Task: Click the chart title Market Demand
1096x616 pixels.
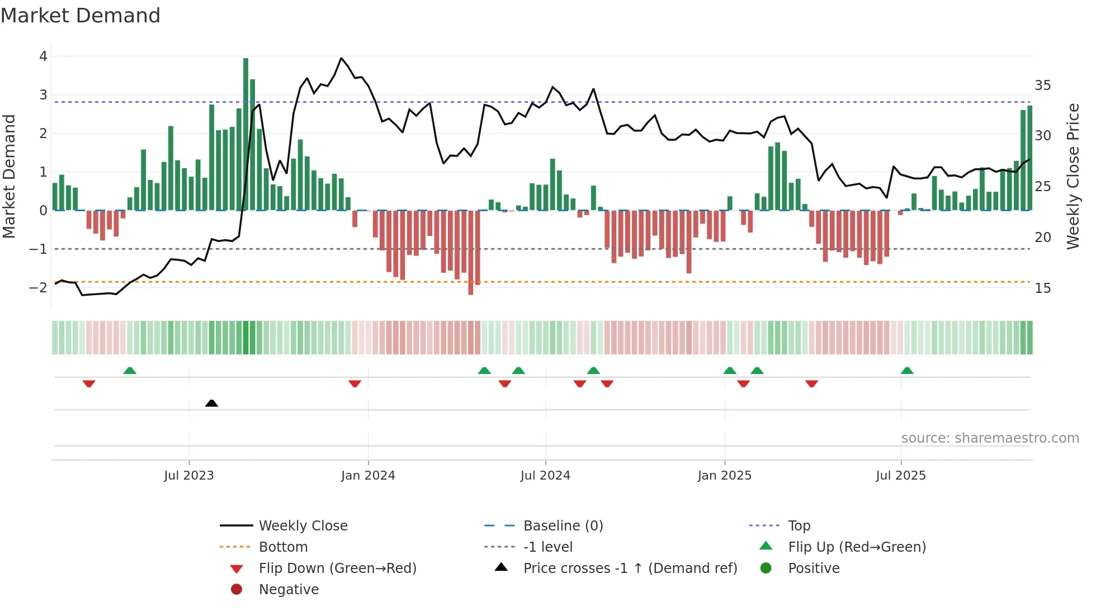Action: [81, 16]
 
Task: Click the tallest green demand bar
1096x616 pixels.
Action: [245, 134]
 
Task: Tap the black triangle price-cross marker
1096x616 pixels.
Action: [211, 403]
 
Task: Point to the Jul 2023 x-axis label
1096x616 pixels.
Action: [189, 476]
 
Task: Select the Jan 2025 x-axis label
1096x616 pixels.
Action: [725, 476]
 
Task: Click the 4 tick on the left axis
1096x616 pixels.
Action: [43, 56]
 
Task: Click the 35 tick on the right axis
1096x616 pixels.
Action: [1042, 86]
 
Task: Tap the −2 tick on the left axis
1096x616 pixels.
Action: [39, 288]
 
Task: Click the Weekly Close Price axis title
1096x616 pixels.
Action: [1073, 176]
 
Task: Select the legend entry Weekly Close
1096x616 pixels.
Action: [303, 526]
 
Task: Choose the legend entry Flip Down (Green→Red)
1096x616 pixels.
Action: [337, 568]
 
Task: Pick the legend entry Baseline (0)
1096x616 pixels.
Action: [563, 526]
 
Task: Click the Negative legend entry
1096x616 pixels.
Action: [289, 590]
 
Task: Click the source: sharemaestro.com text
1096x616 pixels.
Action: [990, 438]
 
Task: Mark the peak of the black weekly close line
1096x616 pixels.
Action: [342, 58]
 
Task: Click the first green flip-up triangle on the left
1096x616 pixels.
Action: [130, 371]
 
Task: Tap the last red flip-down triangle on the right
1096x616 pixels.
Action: [812, 383]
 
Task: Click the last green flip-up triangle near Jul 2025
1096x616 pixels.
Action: [907, 371]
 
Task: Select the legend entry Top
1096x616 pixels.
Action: [799, 526]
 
